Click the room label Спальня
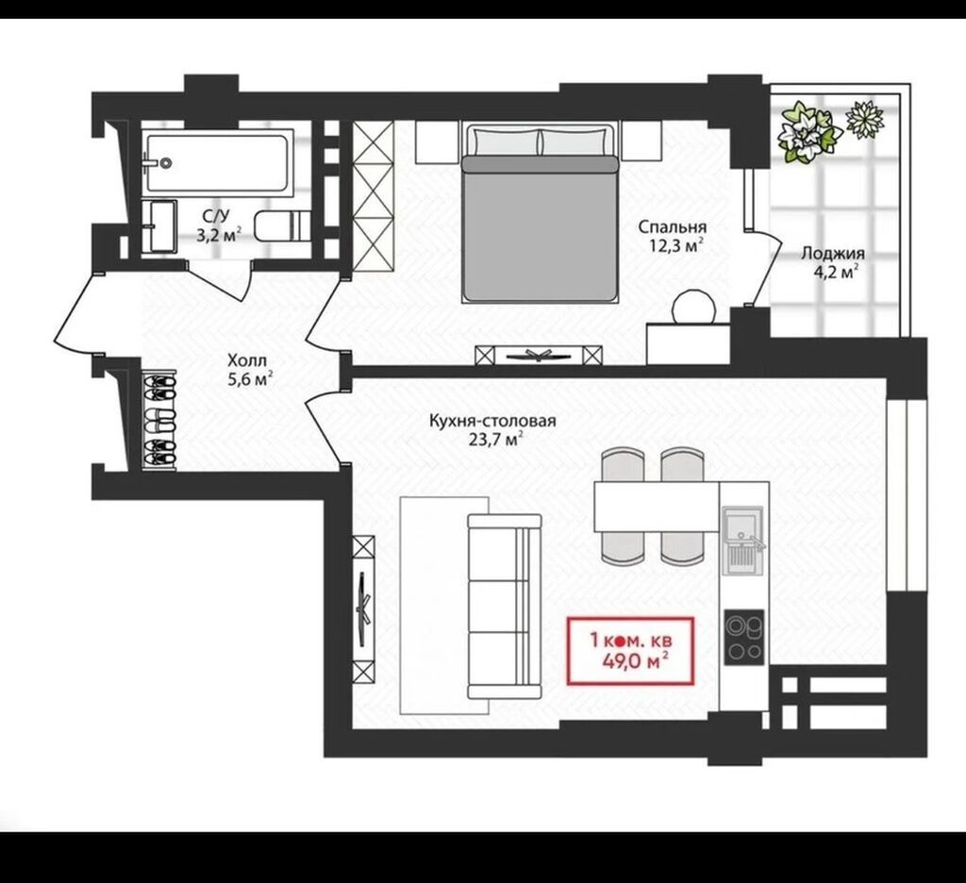coord(672,226)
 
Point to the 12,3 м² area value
coord(675,246)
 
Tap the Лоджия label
coord(832,253)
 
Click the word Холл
coord(247,360)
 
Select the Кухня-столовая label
coord(492,421)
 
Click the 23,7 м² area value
coord(496,440)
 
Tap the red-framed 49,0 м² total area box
coord(630,651)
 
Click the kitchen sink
coord(743,541)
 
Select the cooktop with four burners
coord(744,637)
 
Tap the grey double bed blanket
coord(539,228)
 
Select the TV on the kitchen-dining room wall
coord(364,608)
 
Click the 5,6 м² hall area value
coord(250,379)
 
